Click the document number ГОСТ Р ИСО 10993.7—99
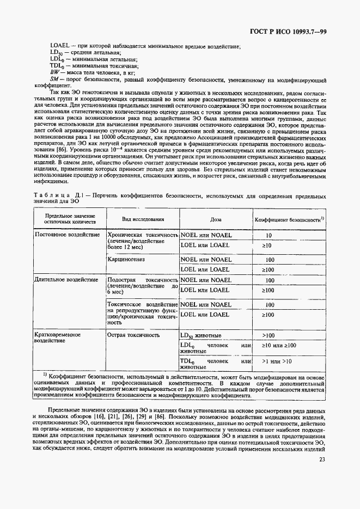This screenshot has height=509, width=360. tap(295, 30)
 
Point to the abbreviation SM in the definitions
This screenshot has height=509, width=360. tap(54, 79)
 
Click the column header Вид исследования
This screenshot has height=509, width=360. tap(143, 219)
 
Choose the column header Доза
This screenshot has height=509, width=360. tap(216, 219)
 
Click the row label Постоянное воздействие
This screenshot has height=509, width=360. tap(67, 235)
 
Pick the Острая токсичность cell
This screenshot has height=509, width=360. tap(130, 335)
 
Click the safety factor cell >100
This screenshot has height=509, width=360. tap(269, 336)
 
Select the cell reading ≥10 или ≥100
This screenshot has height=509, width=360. tap(278, 346)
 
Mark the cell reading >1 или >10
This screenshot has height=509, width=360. tap(277, 361)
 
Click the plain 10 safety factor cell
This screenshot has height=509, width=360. tap(269, 236)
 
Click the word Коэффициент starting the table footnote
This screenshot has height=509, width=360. tap(69, 376)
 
